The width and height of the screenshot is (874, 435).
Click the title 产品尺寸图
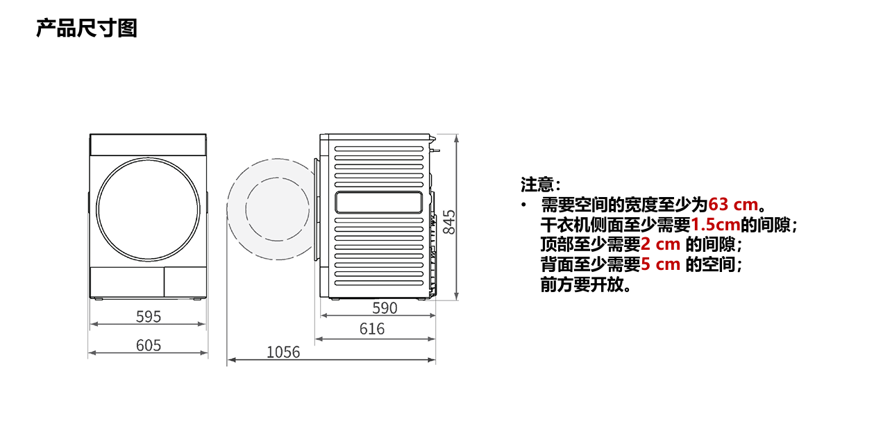[x=87, y=28]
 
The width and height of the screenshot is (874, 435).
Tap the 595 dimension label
[x=148, y=316]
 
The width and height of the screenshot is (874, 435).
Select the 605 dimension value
[x=148, y=345]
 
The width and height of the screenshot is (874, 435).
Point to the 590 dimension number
[x=385, y=308]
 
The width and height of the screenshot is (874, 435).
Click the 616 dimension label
[x=372, y=329]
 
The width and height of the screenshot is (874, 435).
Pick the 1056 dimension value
[x=283, y=352]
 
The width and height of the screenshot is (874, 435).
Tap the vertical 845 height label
[x=450, y=221]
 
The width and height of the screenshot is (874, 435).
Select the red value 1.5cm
[x=715, y=225]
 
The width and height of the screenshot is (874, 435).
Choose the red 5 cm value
[x=660, y=264]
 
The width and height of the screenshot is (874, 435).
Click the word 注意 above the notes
[x=538, y=185]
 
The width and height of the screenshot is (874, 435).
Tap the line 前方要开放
[x=585, y=284]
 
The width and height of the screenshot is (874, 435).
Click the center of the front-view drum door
[x=148, y=209]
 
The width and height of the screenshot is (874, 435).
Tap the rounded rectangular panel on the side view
[x=378, y=203]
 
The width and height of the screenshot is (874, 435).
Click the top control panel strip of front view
[x=148, y=145]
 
